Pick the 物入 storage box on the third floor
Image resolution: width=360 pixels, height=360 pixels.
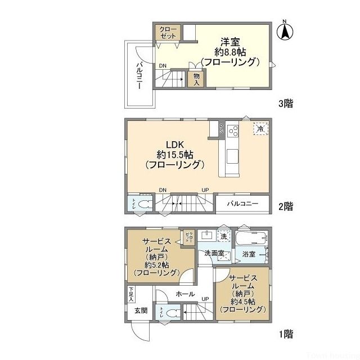[197, 79]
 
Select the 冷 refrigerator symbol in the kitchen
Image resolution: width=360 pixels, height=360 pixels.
[260, 129]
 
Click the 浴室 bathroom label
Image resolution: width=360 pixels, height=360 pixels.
[249, 254]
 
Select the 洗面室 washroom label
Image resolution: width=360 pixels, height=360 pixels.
[214, 254]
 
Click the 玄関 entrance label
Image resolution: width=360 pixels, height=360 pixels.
[141, 311]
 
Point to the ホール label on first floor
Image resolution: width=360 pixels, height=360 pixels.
[185, 294]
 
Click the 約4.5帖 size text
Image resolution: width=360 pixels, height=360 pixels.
[242, 301]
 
